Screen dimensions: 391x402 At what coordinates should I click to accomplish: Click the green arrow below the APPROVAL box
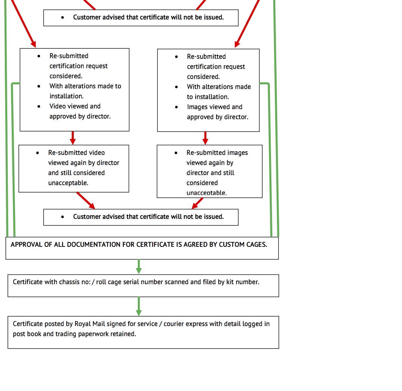point(139,267)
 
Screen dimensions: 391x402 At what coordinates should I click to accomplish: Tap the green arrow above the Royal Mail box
point(139,306)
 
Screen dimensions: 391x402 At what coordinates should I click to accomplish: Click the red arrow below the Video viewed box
point(73,138)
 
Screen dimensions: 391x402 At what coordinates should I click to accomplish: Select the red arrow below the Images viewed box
point(205,138)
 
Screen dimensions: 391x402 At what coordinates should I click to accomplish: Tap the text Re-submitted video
point(76,153)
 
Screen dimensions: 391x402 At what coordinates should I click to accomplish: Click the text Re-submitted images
point(217,153)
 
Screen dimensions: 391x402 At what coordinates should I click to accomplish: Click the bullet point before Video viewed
point(39,106)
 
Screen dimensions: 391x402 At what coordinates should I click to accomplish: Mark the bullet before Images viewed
point(176,107)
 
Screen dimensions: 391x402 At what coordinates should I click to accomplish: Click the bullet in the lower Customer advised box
point(62,217)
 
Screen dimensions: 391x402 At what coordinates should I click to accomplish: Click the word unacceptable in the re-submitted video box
point(68,183)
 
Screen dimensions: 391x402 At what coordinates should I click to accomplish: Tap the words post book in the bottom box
point(27,334)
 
